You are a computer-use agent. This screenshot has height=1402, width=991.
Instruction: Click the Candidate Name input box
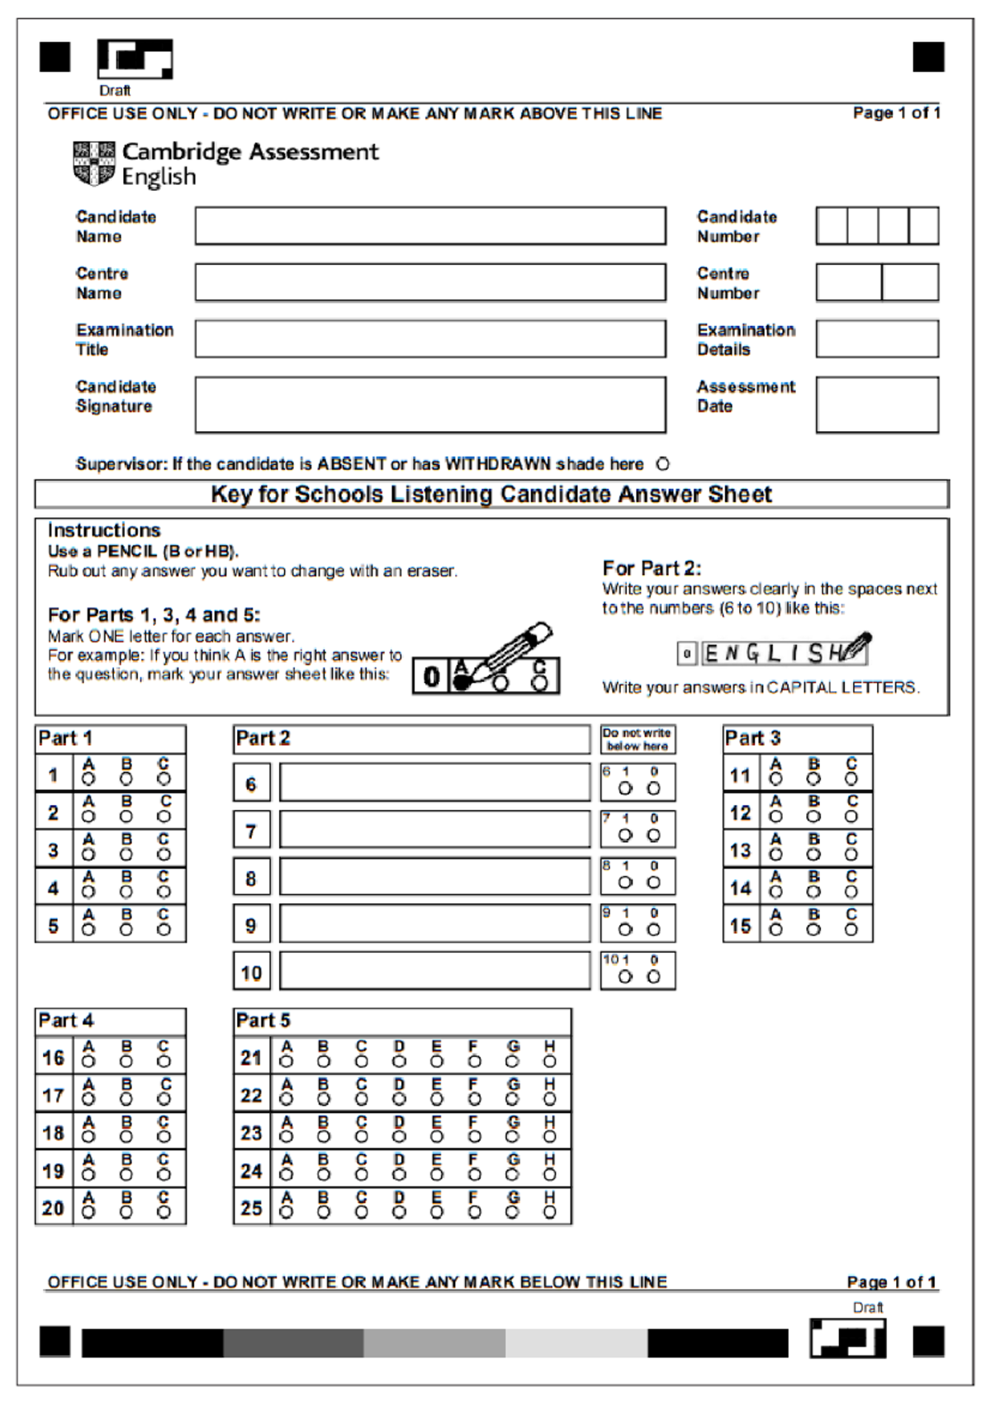point(429,225)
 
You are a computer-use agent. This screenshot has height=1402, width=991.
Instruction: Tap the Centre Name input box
point(429,282)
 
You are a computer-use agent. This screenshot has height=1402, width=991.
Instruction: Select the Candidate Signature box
point(429,405)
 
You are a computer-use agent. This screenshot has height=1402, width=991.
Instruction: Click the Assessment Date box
point(877,405)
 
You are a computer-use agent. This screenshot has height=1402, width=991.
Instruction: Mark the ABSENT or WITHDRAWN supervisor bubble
point(662,464)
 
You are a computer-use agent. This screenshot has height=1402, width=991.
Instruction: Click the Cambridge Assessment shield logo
point(94,163)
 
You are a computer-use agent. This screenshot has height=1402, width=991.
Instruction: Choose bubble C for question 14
point(851,893)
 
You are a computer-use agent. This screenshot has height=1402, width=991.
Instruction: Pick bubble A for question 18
point(88,1137)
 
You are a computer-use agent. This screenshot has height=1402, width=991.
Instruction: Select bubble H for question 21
point(550,1062)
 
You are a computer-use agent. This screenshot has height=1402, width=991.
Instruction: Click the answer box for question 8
point(434,877)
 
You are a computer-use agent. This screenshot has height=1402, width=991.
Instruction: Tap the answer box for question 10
point(434,971)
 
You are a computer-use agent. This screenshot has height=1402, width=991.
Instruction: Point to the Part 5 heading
point(263,1021)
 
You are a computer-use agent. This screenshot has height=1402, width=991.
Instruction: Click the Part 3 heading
point(752,738)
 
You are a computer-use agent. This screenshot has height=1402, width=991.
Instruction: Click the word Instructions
point(104,530)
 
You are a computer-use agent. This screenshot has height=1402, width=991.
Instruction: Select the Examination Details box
point(877,339)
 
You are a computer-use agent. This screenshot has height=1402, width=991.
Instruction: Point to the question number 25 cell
point(251,1208)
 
